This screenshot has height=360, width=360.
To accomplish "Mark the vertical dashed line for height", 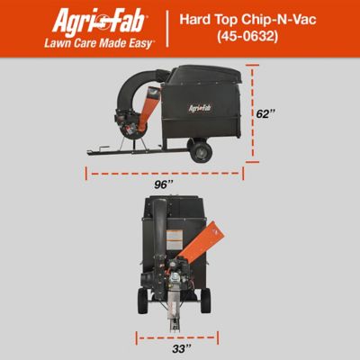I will [x=254, y=114].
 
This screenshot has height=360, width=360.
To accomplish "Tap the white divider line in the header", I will [x=168, y=30].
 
